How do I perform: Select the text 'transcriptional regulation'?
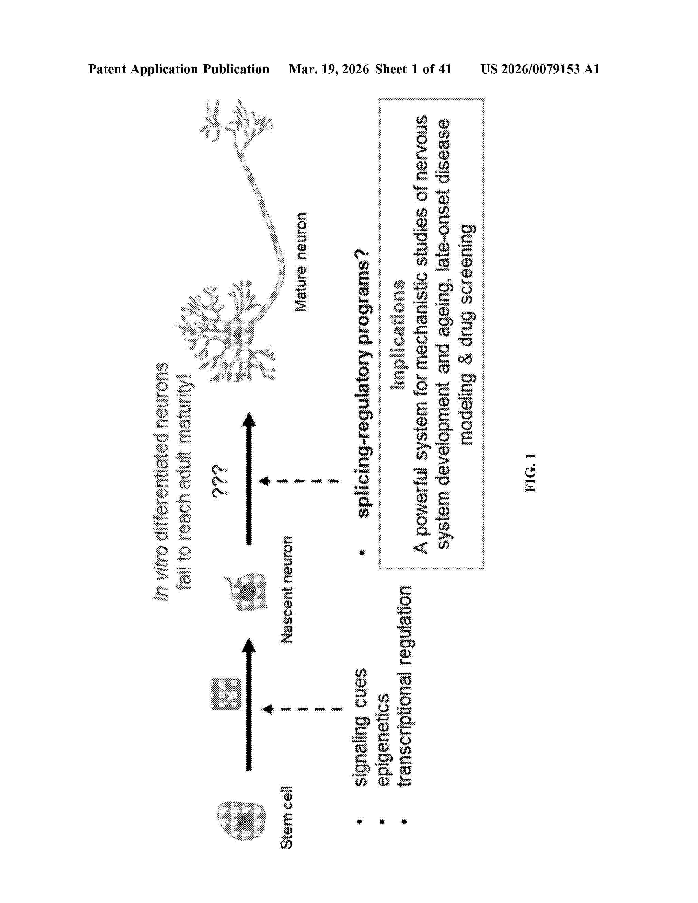[404, 686]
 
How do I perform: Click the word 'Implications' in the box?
[399, 335]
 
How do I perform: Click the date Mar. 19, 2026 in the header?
[329, 69]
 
